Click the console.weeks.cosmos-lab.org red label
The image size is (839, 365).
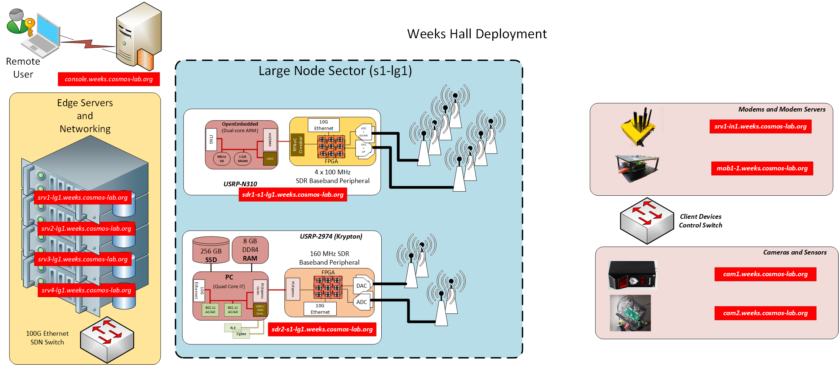pos(108,79)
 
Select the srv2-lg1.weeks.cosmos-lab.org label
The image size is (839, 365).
pos(86,229)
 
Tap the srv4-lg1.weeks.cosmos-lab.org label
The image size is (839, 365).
pos(86,290)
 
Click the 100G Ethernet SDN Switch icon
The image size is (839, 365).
pos(107,339)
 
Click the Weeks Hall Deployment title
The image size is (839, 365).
pos(476,34)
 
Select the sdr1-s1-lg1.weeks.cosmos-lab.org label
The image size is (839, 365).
pos(293,195)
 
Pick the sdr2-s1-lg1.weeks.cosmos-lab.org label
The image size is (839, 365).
pos(322,329)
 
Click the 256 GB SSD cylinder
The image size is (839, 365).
pos(211,250)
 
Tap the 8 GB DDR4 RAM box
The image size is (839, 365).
pos(250,250)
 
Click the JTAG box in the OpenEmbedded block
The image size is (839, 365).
pos(211,139)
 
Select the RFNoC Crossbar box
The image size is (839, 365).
pos(298,144)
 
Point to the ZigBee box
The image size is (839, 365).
pos(241,334)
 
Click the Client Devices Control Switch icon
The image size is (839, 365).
pos(647,221)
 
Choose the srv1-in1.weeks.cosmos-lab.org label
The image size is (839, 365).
pos(760,126)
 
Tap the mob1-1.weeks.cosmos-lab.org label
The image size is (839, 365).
pos(762,168)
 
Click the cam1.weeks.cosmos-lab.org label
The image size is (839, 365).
pos(765,274)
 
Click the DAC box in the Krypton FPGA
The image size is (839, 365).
pos(361,286)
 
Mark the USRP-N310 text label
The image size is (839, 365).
pos(240,184)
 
